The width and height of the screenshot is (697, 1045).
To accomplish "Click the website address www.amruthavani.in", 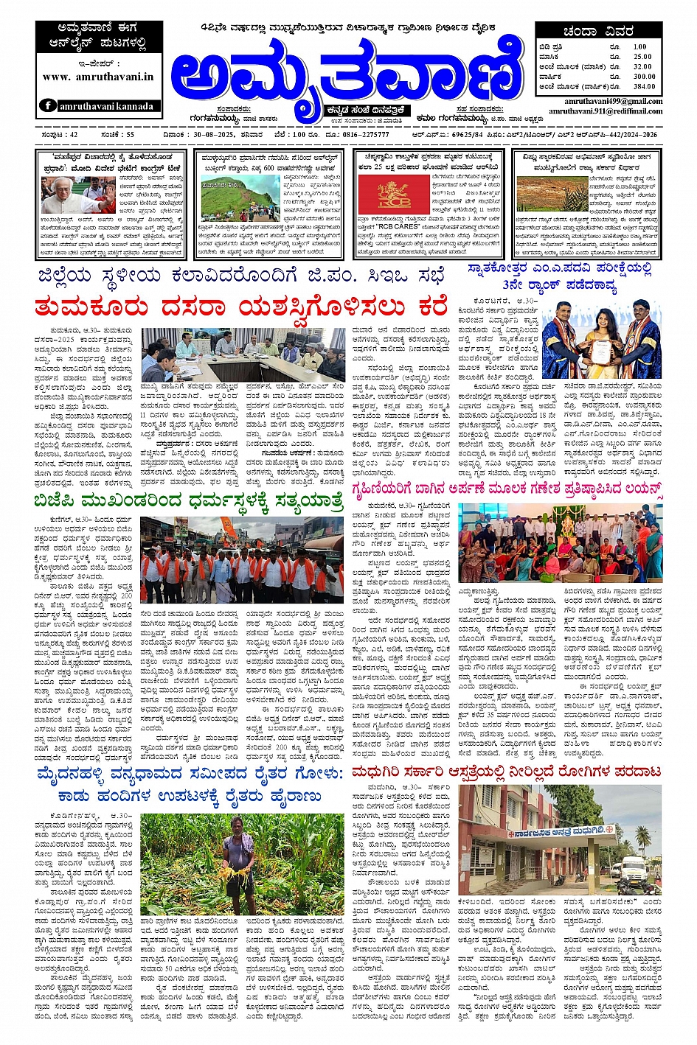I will pyautogui.click(x=98, y=77).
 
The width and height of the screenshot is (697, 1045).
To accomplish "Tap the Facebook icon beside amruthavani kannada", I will pyautogui.click(x=49, y=105).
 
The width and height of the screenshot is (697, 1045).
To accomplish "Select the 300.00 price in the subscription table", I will pyautogui.click(x=644, y=77).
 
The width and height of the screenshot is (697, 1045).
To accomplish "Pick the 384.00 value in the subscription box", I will pyautogui.click(x=644, y=87).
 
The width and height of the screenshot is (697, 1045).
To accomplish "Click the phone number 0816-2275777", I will pyautogui.click(x=365, y=135).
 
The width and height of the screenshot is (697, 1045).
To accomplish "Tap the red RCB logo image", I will pyautogui.click(x=383, y=194).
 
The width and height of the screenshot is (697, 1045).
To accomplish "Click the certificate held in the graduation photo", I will pyautogui.click(x=600, y=352).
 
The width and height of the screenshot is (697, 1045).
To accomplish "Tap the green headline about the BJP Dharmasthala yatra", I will pyautogui.click(x=188, y=501).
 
